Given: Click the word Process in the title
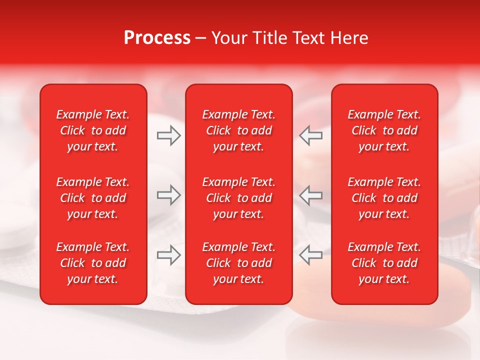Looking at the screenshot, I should coord(157,38).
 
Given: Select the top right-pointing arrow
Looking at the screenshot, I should coord(169,135).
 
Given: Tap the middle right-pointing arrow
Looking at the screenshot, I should coord(169,194).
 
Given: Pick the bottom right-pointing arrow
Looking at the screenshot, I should coord(169,255).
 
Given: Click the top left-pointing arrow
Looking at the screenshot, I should coord(310,135).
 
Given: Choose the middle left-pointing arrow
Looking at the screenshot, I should coord(310,194).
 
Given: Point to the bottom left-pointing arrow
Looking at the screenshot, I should coord(310,255).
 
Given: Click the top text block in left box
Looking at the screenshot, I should coord(93,130).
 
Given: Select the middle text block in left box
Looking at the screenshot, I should coord(93,198).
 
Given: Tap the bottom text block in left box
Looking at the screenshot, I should coord(93,263).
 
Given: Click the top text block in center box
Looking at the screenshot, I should coord(238,130).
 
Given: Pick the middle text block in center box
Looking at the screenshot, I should coord(238,198).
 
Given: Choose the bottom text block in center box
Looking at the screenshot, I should coord(238,263).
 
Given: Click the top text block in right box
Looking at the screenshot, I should coord(384,130).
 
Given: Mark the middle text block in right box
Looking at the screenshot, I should coord(384,198).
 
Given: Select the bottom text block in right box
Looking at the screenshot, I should coord(384,263).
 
